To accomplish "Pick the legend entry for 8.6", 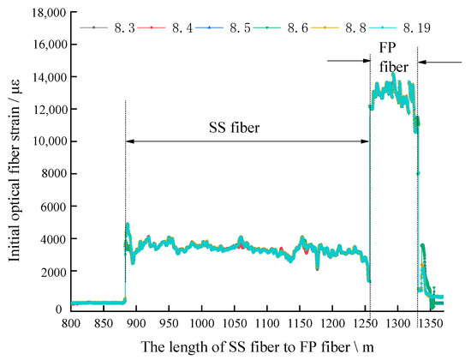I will coord(265,28).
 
